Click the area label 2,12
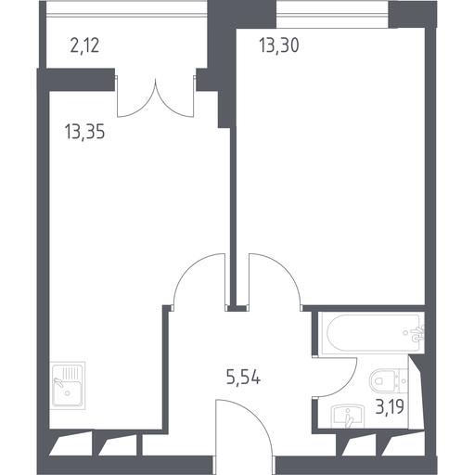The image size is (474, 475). coord(84,45)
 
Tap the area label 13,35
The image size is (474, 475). coord(84,132)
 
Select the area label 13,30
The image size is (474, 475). coord(279,45)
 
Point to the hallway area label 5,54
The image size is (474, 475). coord(243,378)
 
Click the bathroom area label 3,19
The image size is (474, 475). coord(390,406)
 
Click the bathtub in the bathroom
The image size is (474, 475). coord(372,333)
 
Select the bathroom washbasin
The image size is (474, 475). coord(348,417)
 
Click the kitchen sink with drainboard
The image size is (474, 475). coord(68,386)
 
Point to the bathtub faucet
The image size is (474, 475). coord(417,333)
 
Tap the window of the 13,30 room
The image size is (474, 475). coord(332,14)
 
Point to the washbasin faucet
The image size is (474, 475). coord(349,418)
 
